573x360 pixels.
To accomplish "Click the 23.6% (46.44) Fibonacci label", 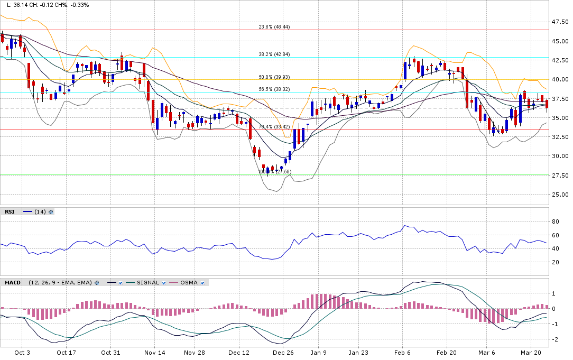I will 274,27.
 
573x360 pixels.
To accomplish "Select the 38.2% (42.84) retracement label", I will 274,54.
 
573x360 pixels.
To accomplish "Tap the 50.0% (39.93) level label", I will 274,77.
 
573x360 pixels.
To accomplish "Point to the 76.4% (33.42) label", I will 274,127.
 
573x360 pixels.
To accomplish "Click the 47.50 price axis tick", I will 560,22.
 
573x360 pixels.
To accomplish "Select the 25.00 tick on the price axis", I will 560,195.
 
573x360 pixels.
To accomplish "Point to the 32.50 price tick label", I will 560,137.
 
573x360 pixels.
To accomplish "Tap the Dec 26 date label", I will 283,352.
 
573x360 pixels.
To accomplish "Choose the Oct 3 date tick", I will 22,352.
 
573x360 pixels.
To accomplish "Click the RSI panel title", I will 10,211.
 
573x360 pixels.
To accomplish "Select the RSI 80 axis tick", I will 555,221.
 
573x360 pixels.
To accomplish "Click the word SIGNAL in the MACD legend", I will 148,283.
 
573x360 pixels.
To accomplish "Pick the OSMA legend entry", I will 189,283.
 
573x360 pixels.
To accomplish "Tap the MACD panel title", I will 13,283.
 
